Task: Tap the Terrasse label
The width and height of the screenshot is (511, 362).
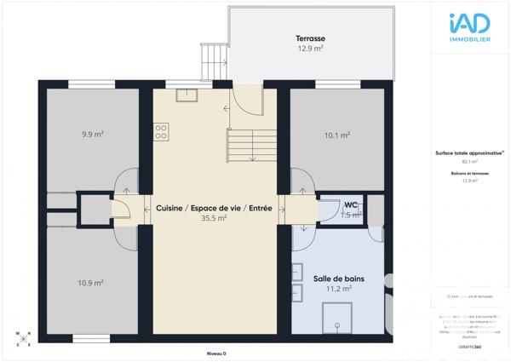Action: tap(311, 39)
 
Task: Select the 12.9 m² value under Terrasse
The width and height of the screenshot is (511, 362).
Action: tap(311, 49)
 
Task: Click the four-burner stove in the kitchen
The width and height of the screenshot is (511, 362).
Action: tap(160, 131)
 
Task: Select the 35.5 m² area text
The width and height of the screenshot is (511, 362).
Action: tap(214, 218)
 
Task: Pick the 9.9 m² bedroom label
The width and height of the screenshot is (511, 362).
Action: tap(92, 135)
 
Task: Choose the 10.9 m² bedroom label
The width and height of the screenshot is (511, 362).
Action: tap(92, 283)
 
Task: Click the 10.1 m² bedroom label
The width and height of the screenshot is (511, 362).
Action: tap(337, 135)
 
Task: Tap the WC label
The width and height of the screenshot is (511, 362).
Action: tap(350, 205)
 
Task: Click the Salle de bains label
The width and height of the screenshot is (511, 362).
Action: tap(339, 279)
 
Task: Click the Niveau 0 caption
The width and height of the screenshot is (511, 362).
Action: tap(217, 353)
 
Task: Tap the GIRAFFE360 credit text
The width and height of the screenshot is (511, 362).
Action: tap(469, 347)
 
